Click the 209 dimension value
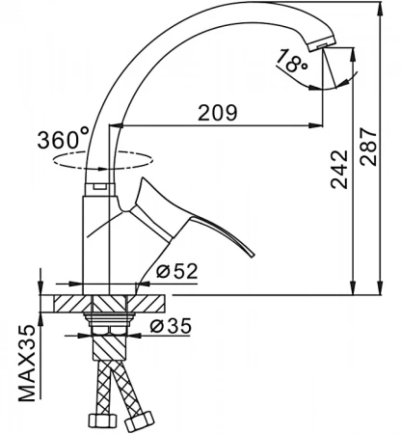[218, 113]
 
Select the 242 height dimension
[339, 169]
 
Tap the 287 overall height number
[368, 147]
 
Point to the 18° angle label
[291, 61]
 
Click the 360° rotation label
[64, 139]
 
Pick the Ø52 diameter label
[176, 271]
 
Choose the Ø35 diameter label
[171, 326]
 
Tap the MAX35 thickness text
[27, 364]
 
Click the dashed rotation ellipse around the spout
[103, 169]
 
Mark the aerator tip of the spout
[321, 44]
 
